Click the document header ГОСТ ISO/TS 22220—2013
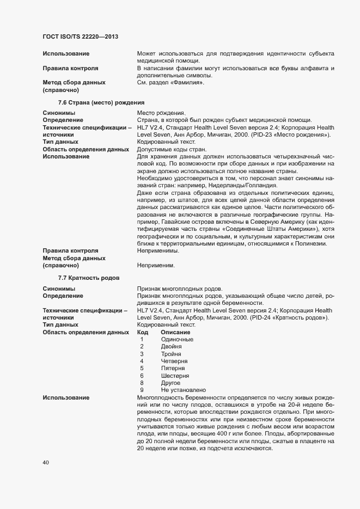[81, 36]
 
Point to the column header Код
[143, 332]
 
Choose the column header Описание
[175, 332]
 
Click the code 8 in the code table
[142, 383]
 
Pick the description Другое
[171, 383]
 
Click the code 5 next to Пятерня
[142, 369]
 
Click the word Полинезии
[312, 244]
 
